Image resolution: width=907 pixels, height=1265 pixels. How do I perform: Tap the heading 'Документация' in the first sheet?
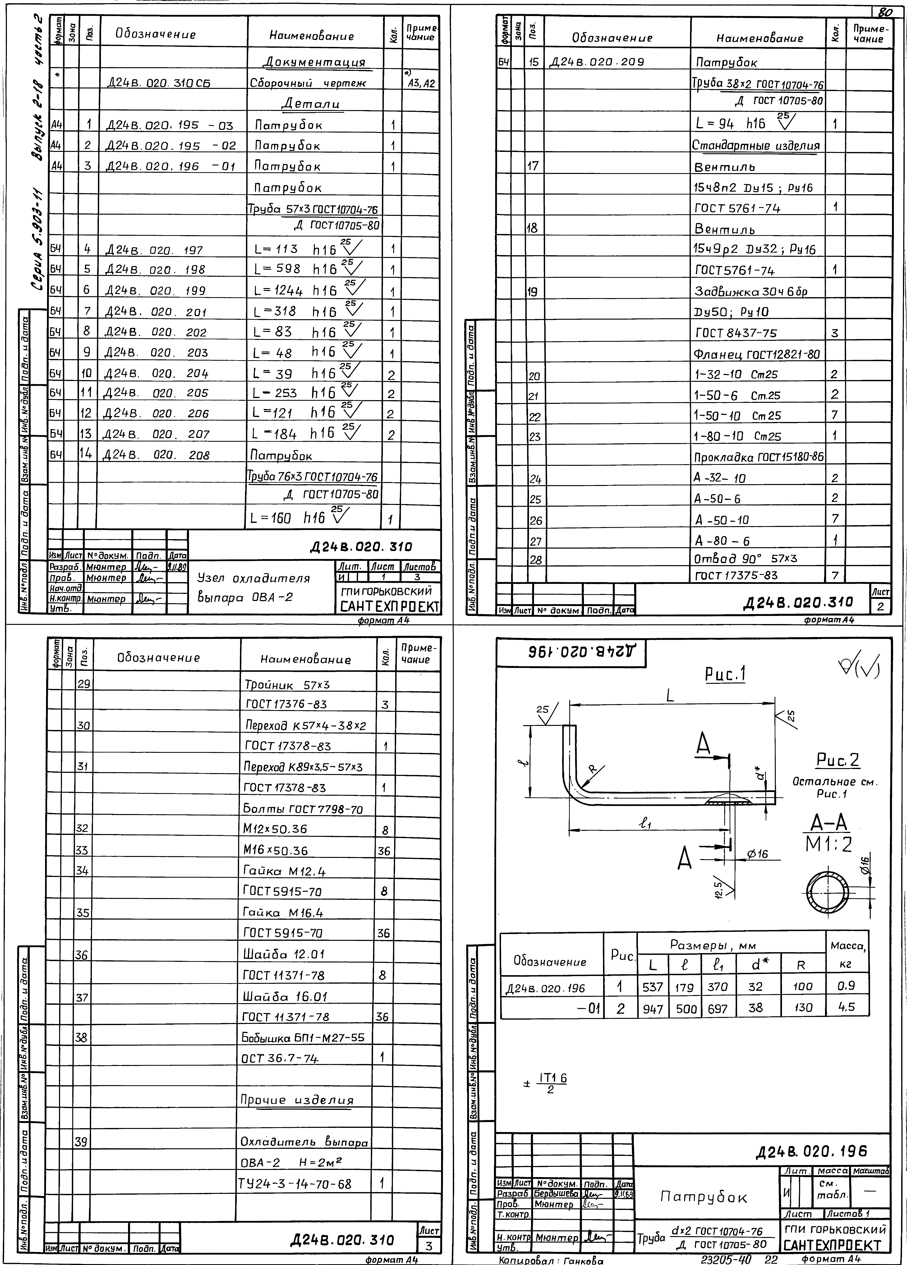(x=315, y=62)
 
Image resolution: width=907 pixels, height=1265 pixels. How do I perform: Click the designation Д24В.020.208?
(x=157, y=455)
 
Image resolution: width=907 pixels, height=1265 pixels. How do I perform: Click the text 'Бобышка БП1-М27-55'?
(x=303, y=1037)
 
